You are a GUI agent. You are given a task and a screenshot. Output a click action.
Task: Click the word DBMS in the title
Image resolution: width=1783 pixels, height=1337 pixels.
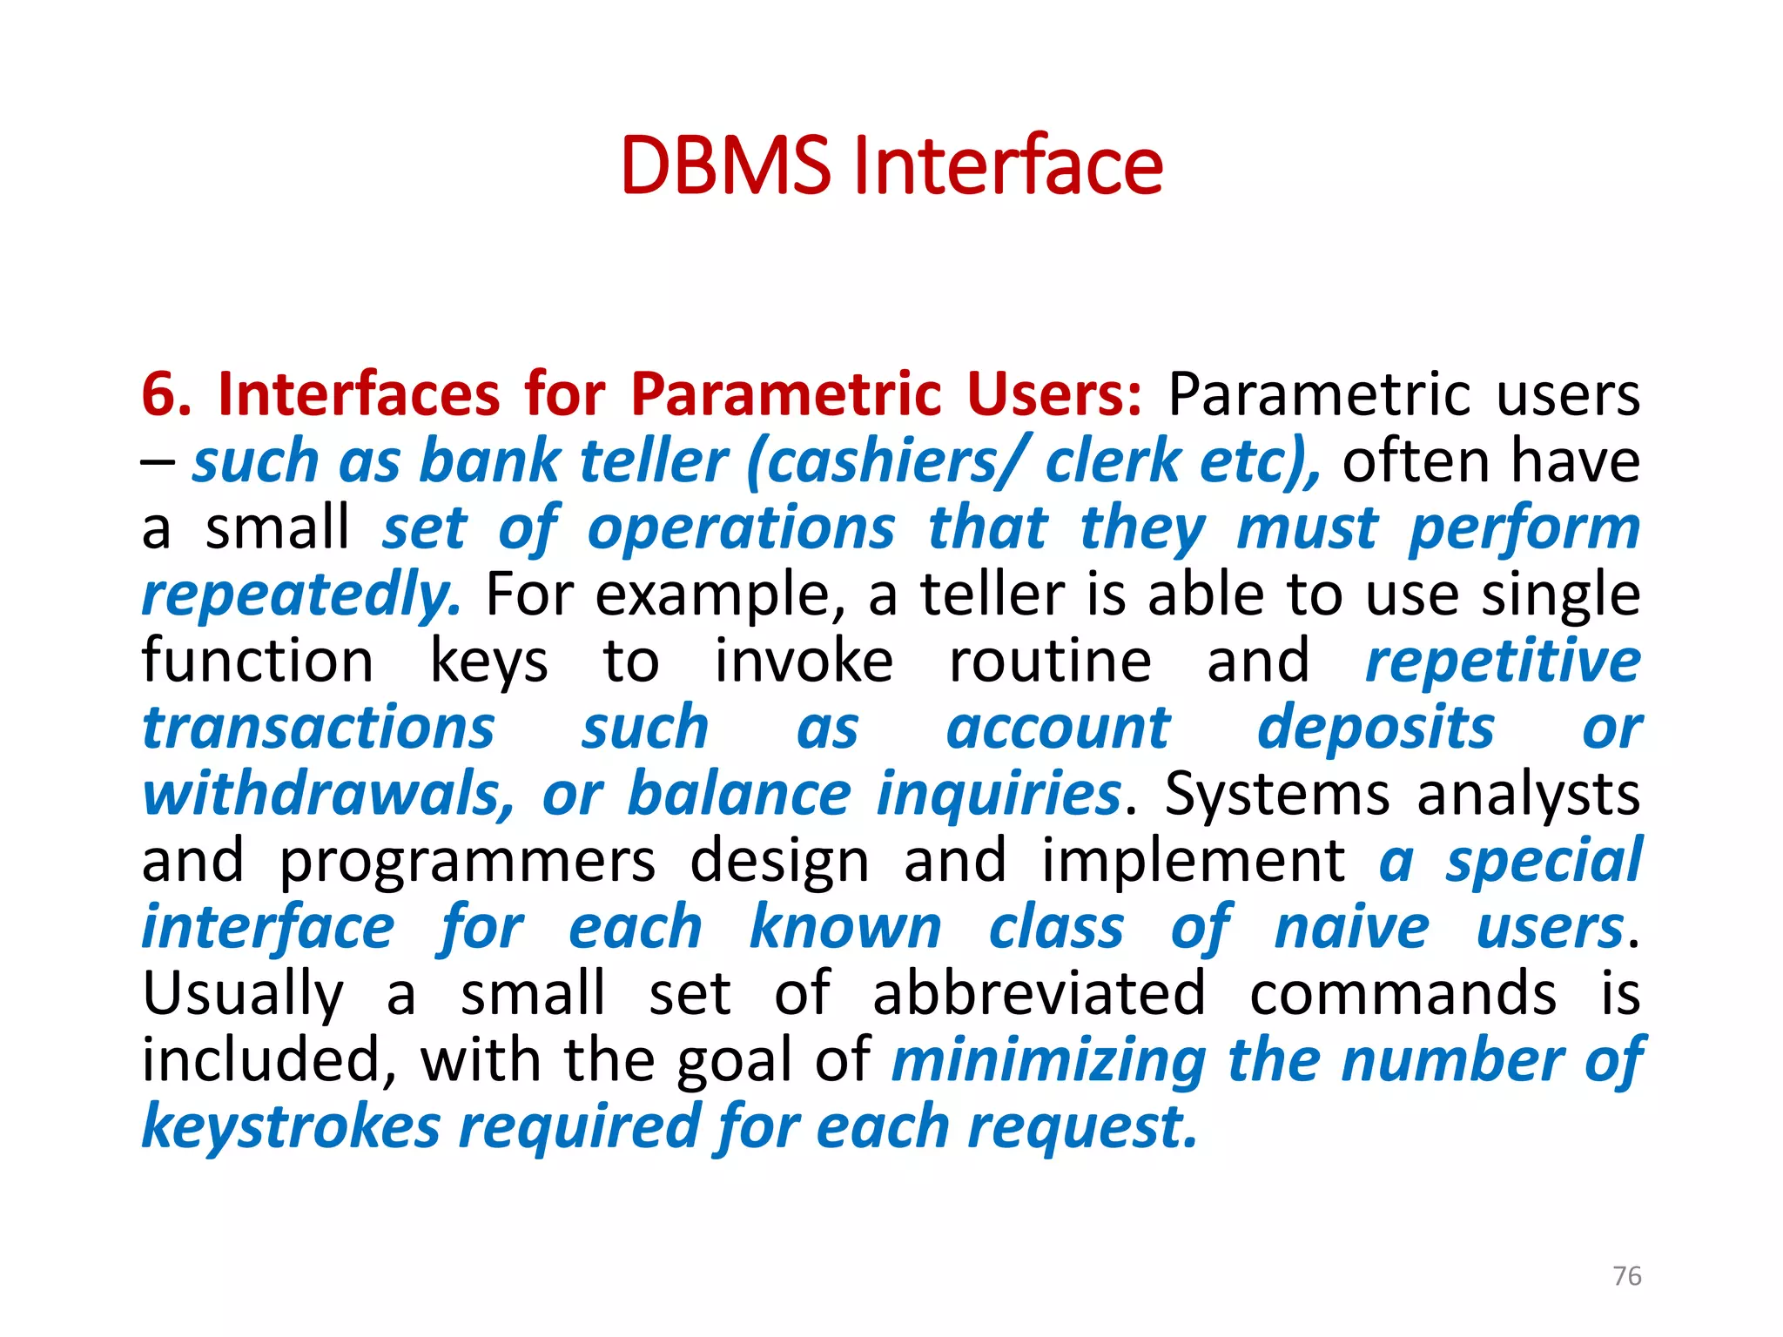tap(725, 165)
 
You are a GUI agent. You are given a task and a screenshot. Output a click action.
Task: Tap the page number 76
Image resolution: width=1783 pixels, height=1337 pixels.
tap(1626, 1276)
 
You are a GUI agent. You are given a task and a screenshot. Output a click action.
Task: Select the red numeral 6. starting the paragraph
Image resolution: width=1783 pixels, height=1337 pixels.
tap(166, 394)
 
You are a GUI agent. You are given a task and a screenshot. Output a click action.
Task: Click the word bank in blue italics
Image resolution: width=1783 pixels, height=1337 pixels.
tap(490, 460)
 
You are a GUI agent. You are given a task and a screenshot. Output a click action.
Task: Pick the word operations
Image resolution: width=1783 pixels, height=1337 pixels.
tap(741, 528)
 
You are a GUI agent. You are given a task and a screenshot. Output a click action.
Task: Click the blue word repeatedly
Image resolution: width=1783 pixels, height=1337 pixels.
tap(301, 596)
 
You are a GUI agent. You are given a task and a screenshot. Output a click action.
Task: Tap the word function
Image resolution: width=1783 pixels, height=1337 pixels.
tap(258, 661)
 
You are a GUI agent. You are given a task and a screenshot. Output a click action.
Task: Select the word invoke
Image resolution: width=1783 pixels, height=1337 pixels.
tap(803, 661)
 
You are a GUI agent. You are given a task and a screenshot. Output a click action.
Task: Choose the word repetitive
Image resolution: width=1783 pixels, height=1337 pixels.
tap(1503, 661)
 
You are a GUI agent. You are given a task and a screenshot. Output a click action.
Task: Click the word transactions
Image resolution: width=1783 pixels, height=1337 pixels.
tap(319, 728)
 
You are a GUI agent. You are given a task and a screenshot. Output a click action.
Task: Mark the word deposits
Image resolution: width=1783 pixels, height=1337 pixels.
tap(1376, 728)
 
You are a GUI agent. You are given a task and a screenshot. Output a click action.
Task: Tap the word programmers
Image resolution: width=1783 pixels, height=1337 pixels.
tap(467, 862)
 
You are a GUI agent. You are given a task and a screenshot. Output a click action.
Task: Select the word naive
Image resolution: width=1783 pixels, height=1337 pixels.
tap(1351, 928)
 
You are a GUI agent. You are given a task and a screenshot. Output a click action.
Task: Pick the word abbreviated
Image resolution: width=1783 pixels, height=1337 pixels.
tap(1039, 994)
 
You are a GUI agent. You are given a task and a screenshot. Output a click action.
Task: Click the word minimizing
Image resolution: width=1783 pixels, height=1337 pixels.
tap(1048, 1061)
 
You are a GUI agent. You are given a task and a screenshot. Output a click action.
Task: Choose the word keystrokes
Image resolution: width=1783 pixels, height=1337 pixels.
tap(291, 1127)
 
